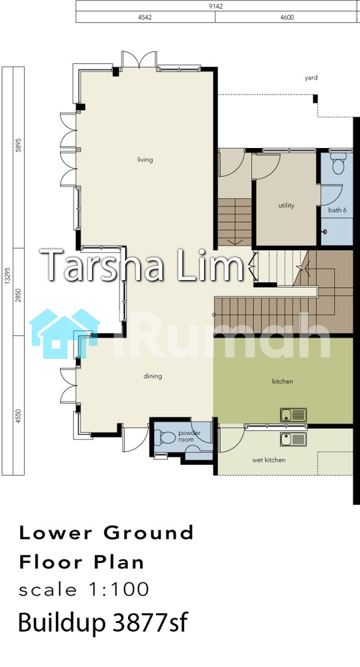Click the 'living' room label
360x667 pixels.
pyautogui.click(x=145, y=160)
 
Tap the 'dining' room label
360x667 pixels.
pyautogui.click(x=153, y=376)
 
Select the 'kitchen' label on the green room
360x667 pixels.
pyautogui.click(x=283, y=381)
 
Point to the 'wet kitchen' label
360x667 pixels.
pyautogui.click(x=269, y=460)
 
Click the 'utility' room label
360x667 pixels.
pyautogui.click(x=286, y=205)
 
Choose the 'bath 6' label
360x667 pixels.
pyautogui.click(x=337, y=210)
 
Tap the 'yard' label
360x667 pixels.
pyautogui.click(x=311, y=78)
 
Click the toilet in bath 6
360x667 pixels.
pyautogui.click(x=338, y=164)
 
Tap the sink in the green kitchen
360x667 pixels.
pyautogui.click(x=293, y=415)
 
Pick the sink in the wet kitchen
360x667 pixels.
pyautogui.click(x=293, y=439)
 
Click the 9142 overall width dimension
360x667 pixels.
pyautogui.click(x=217, y=7)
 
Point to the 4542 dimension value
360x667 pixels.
pyautogui.click(x=145, y=17)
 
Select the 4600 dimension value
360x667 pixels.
pyautogui.click(x=287, y=17)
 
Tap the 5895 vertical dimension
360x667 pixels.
pyautogui.click(x=18, y=157)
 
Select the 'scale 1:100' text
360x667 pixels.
pyautogui.click(x=84, y=590)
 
